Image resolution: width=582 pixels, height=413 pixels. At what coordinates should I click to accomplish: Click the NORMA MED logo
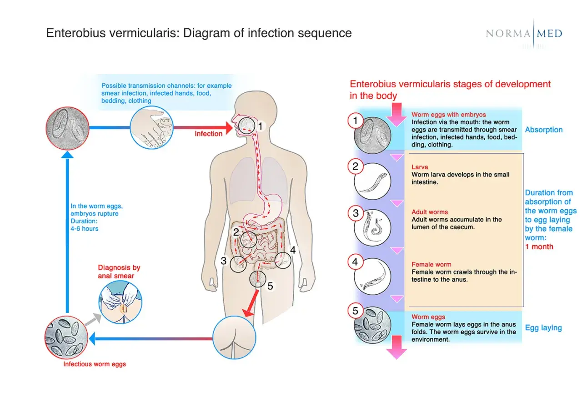click(x=524, y=34)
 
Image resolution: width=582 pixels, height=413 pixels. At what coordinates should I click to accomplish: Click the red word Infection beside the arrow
click(x=208, y=134)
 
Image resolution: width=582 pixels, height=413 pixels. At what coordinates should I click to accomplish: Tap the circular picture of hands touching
click(x=151, y=127)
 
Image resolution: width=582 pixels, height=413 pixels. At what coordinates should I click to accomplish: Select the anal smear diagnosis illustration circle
click(x=120, y=302)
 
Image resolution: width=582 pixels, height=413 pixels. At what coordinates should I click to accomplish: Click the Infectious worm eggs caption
click(x=95, y=364)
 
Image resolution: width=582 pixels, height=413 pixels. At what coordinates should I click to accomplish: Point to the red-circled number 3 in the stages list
click(x=356, y=213)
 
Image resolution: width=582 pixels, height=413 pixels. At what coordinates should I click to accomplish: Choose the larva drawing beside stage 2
click(x=372, y=181)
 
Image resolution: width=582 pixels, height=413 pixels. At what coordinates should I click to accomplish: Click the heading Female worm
click(x=431, y=264)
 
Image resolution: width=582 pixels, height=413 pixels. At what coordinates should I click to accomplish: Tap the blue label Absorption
click(x=544, y=130)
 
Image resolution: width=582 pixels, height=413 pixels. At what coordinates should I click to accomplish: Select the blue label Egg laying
click(x=543, y=328)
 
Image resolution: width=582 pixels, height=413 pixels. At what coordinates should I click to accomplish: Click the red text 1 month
click(x=539, y=247)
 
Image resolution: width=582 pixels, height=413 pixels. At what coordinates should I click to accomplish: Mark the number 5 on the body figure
click(x=270, y=286)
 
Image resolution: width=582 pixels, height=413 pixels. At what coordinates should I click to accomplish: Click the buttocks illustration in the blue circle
click(x=234, y=337)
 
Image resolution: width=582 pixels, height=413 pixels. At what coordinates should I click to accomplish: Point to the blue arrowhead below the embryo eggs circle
click(x=67, y=155)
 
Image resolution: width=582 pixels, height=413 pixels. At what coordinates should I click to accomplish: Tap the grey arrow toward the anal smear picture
click(x=93, y=319)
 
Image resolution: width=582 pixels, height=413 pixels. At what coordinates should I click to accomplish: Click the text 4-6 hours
click(x=85, y=229)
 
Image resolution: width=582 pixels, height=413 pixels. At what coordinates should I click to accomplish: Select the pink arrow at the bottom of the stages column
click(x=396, y=348)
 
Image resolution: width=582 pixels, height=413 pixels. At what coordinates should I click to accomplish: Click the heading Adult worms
click(x=430, y=212)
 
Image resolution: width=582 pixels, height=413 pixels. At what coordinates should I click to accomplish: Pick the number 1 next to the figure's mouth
click(x=260, y=126)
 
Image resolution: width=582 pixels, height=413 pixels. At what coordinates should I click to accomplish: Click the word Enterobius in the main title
click(x=76, y=33)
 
